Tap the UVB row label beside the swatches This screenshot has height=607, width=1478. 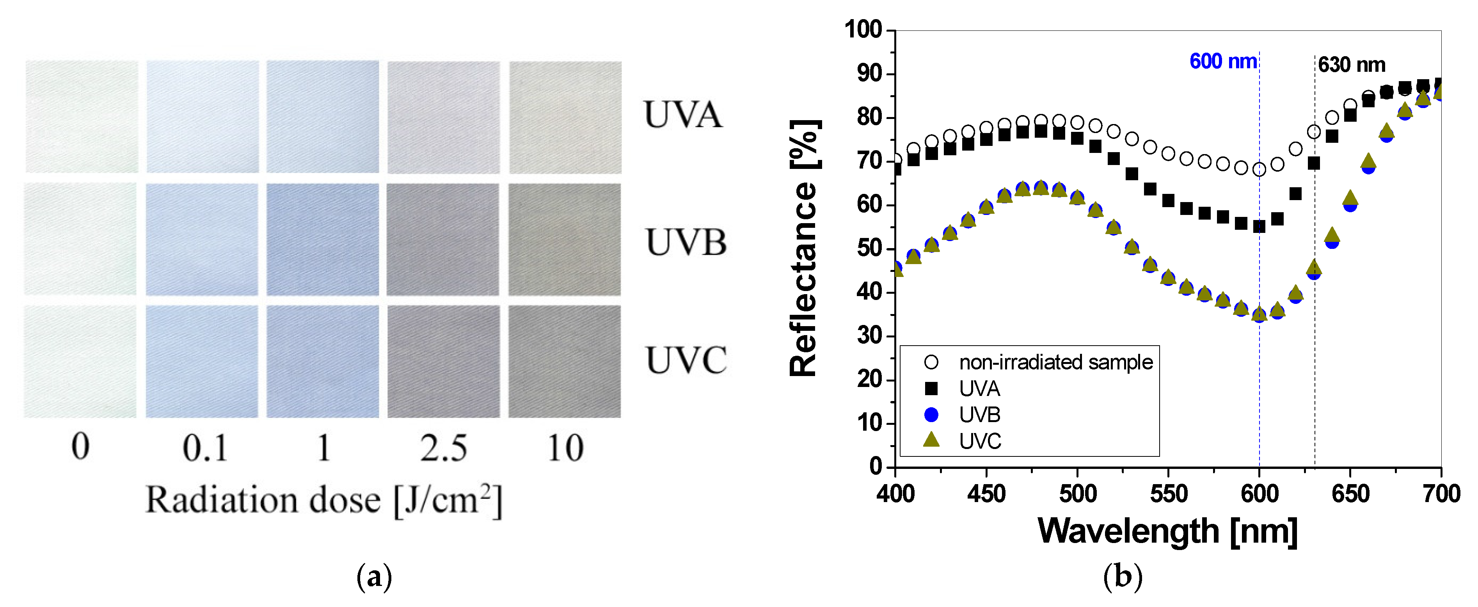[686, 242]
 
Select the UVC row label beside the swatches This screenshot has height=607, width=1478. [686, 360]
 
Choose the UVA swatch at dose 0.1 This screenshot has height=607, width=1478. [202, 117]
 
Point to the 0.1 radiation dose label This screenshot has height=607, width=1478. [205, 448]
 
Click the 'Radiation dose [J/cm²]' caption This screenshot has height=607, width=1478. [323, 500]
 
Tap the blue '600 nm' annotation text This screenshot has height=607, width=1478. [1223, 61]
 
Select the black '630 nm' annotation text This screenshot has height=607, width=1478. [1351, 65]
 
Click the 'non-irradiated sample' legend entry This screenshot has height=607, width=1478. [1056, 362]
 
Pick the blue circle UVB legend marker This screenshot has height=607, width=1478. [931, 414]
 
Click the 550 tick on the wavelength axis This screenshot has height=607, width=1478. [1168, 494]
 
